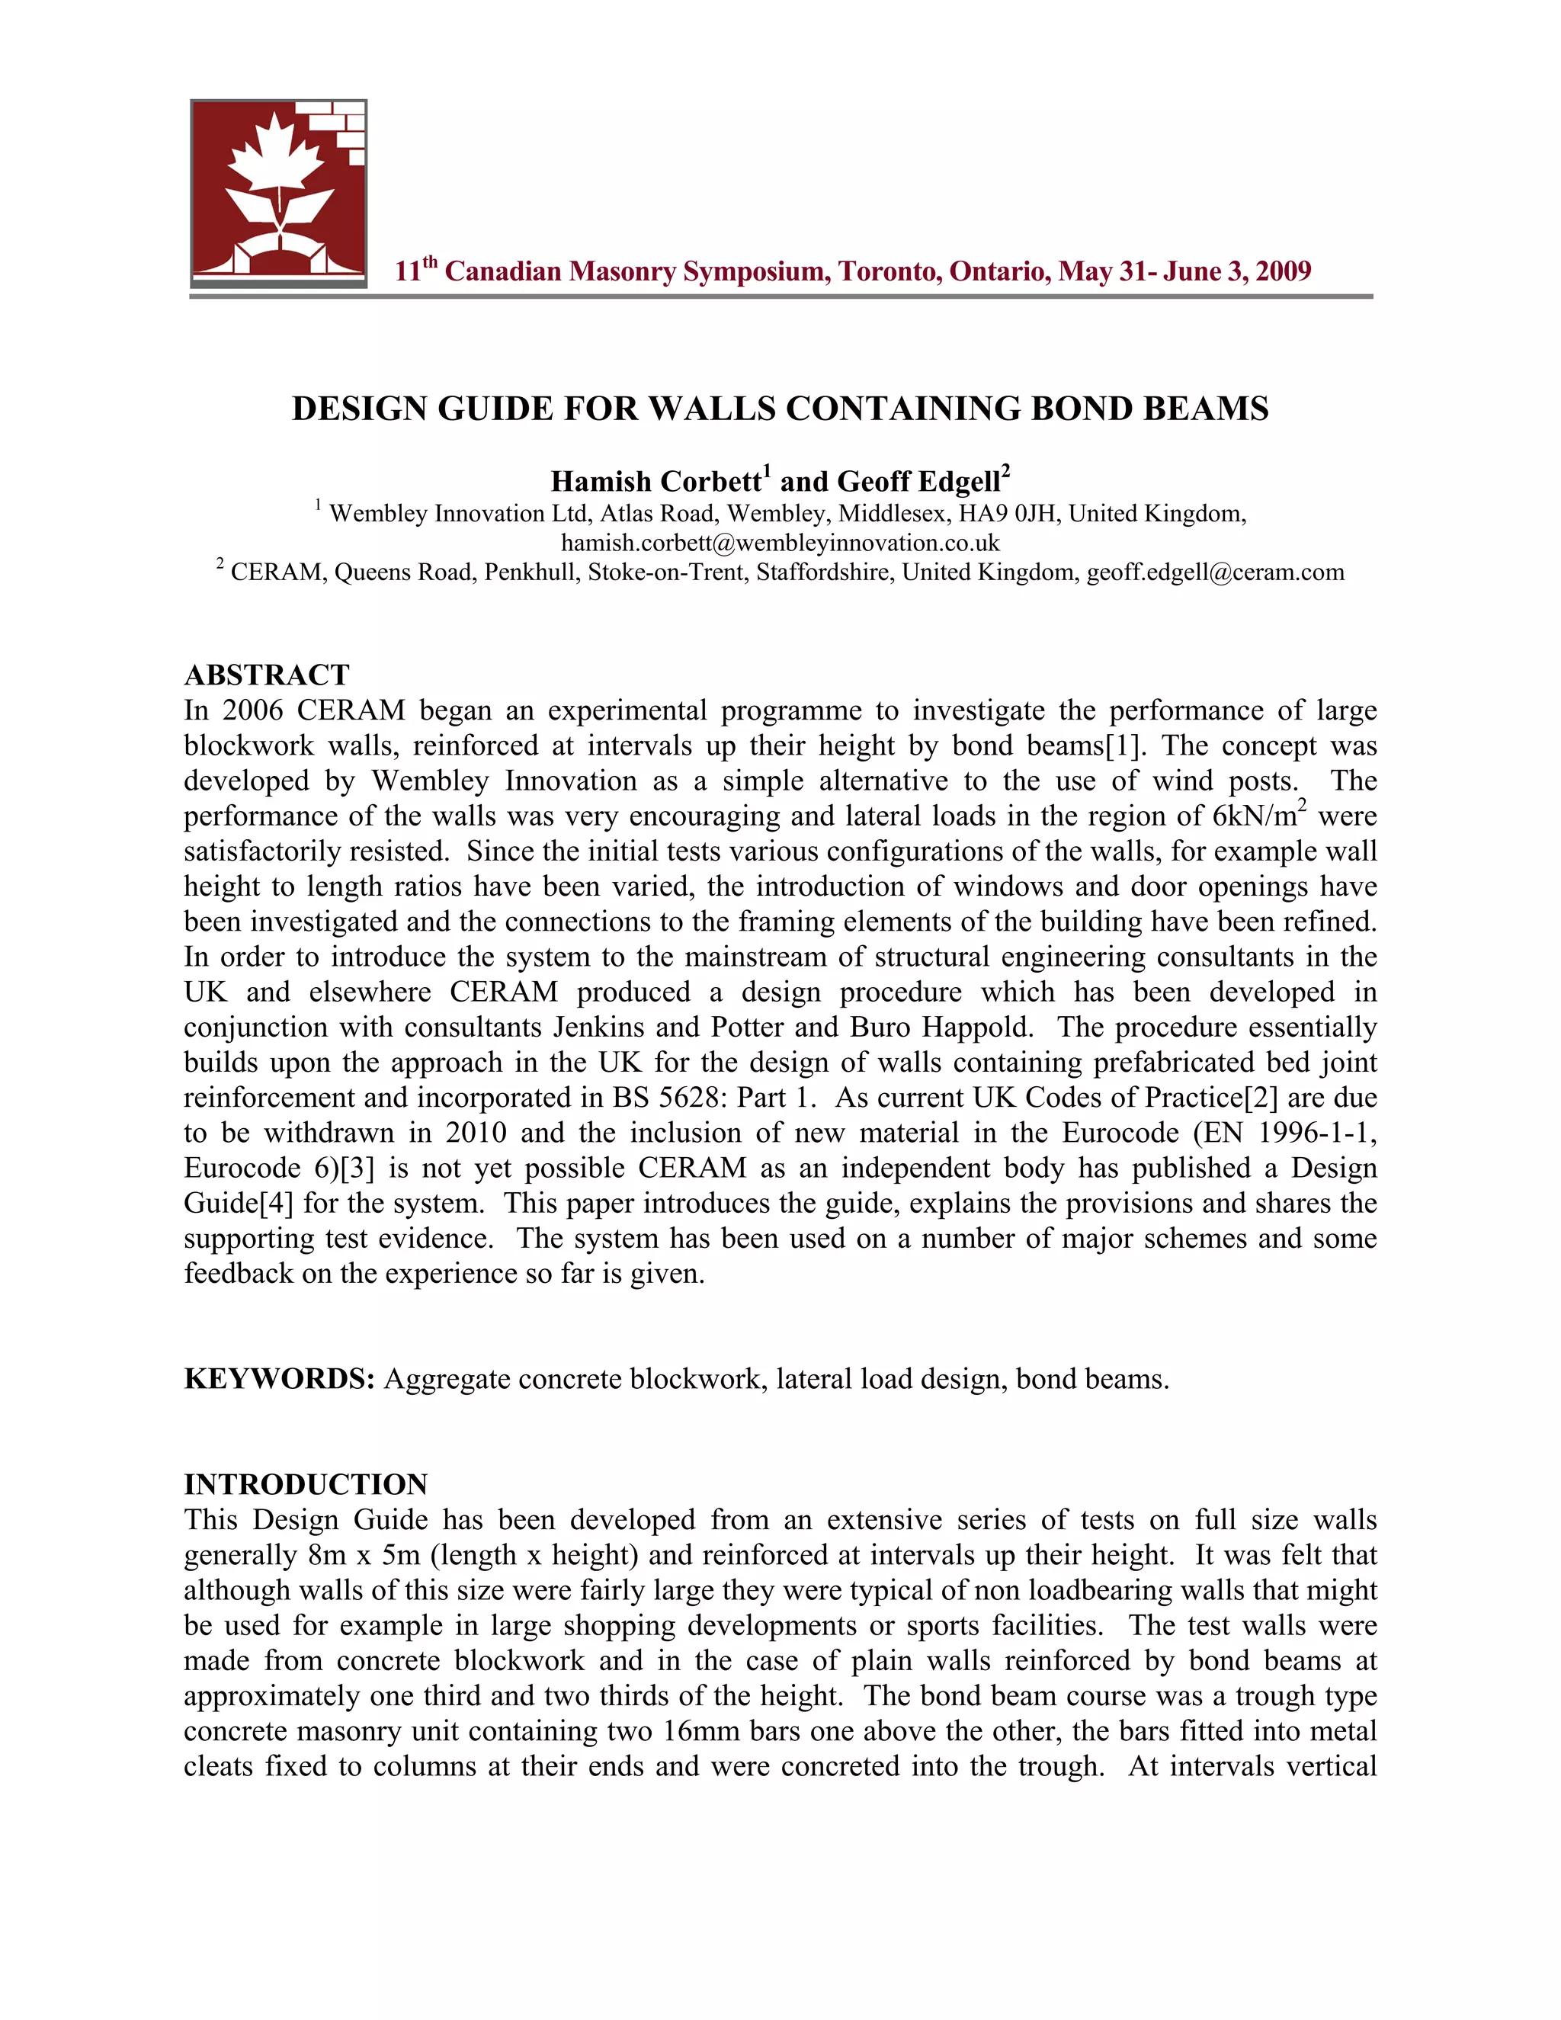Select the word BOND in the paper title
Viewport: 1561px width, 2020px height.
tap(1082, 408)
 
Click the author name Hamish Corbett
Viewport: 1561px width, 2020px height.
tap(655, 481)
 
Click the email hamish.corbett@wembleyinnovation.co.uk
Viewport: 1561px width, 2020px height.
tap(780, 542)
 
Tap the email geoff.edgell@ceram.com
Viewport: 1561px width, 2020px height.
tap(1215, 572)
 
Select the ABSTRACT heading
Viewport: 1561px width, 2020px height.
tap(266, 675)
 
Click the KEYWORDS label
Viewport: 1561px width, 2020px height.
tap(278, 1378)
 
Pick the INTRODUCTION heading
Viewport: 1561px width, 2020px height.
tap(305, 1483)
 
